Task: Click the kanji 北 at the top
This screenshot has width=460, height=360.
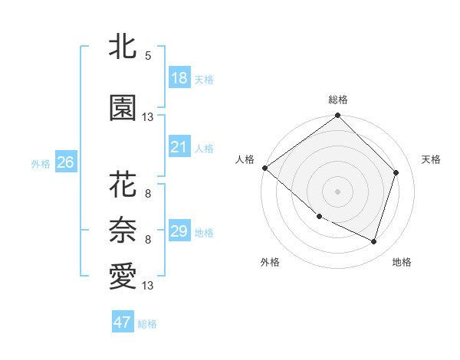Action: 123,47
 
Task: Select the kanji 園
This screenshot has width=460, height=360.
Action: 123,109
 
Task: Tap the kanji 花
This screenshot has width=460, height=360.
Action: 123,185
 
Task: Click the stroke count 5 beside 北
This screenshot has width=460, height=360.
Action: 148,56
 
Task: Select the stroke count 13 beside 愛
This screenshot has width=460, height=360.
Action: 148,286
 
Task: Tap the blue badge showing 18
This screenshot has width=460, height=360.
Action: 179,78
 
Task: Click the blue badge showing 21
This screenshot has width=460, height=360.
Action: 179,147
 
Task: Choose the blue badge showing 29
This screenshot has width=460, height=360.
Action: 179,231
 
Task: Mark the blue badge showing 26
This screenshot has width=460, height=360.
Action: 65,162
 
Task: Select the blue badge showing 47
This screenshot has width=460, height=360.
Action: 123,322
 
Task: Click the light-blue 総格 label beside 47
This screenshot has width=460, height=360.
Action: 147,324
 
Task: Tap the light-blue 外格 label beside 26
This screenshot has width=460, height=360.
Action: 41,163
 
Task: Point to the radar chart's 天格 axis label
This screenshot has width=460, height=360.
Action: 431,159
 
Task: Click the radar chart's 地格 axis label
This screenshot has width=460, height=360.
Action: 402,262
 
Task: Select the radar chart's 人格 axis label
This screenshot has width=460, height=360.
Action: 245,159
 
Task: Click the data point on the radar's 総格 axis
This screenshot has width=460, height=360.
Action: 337,116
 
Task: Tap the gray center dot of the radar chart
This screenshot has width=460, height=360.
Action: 337,191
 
